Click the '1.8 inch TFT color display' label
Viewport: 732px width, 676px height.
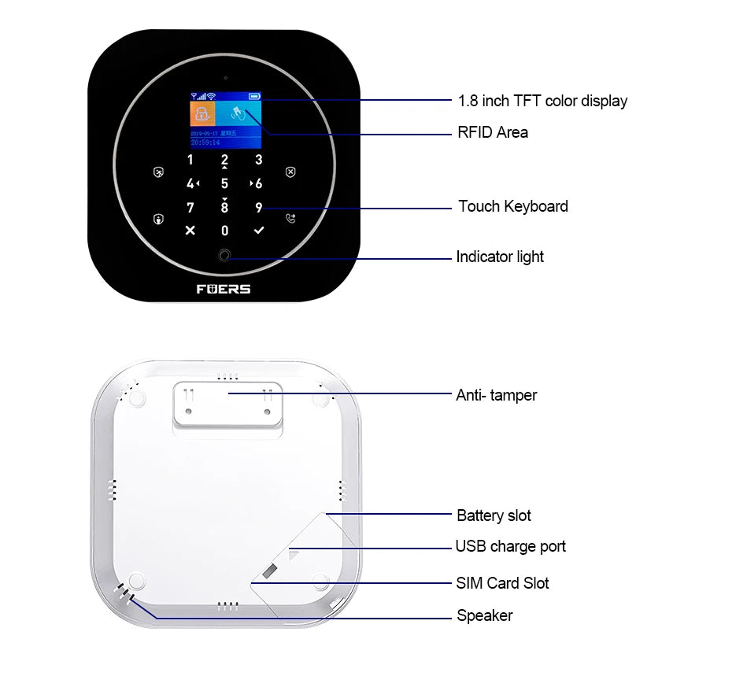click(542, 101)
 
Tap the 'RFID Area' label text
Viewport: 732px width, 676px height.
click(493, 132)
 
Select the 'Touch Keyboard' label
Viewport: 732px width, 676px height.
click(513, 207)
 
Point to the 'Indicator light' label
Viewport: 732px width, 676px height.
click(500, 257)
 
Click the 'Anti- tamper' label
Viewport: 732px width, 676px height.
click(497, 395)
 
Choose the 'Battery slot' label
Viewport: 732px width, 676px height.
click(494, 516)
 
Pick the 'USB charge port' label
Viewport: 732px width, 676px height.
click(510, 547)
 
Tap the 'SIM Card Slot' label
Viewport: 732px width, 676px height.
click(502, 583)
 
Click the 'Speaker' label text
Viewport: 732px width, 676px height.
click(484, 615)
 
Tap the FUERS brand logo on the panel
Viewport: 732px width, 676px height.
click(224, 289)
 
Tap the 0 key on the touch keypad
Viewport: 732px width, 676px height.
click(224, 231)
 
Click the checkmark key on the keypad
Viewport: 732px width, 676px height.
click(259, 231)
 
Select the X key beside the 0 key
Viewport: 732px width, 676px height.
click(190, 231)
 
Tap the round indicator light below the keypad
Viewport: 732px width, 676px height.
click(224, 256)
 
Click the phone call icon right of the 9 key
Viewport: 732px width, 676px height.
click(290, 219)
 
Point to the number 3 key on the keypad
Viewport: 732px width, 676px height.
click(258, 161)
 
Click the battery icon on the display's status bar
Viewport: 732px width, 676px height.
click(253, 96)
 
